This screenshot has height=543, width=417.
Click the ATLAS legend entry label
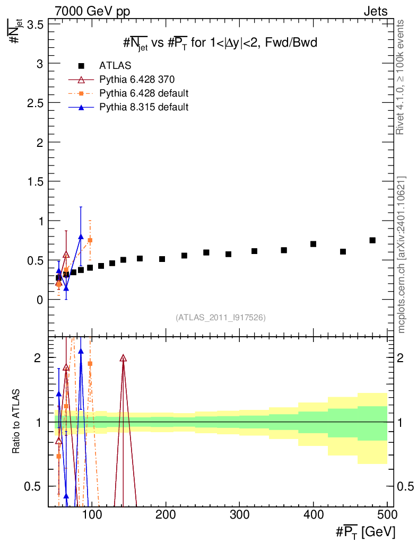(x=115, y=65)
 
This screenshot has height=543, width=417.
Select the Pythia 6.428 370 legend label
(x=137, y=80)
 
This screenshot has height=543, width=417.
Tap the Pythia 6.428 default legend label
(x=144, y=93)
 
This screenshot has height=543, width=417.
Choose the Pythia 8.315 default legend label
(x=144, y=107)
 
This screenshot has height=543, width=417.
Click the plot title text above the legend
(x=220, y=43)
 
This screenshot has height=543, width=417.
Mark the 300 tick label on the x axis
(x=240, y=514)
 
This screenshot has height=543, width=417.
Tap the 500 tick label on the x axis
(x=387, y=514)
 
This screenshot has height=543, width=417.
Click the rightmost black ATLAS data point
(x=372, y=240)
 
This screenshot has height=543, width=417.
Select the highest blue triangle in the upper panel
(x=81, y=237)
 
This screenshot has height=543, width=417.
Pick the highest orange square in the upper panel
(x=90, y=240)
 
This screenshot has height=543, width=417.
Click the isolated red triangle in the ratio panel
(x=123, y=358)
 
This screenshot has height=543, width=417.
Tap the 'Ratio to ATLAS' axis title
(x=16, y=422)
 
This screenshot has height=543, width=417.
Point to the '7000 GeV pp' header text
(x=92, y=12)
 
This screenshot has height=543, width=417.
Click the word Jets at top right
(x=376, y=12)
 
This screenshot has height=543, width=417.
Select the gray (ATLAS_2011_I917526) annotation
(x=221, y=318)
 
